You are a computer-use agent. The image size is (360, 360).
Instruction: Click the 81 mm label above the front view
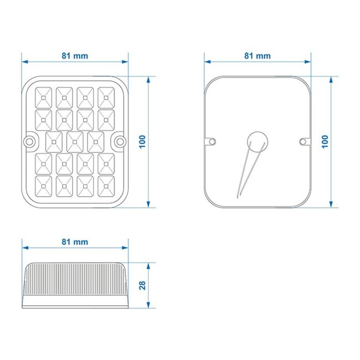click(x=75, y=56)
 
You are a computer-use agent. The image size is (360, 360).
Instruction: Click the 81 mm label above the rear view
click(x=258, y=56)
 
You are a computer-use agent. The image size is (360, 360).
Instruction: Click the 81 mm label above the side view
click(x=75, y=242)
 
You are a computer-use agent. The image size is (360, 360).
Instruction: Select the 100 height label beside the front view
click(x=142, y=141)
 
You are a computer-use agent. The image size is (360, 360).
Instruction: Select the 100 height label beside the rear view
click(x=325, y=141)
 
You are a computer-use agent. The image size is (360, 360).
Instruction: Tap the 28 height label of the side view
click(x=142, y=286)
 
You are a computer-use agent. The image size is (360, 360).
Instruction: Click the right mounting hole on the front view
click(x=119, y=142)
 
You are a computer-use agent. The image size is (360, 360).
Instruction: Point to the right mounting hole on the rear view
click(x=302, y=142)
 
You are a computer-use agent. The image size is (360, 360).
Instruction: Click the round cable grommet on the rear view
click(x=258, y=141)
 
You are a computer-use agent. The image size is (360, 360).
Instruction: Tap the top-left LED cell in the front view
click(x=43, y=97)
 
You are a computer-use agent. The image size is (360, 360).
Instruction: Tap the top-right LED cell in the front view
click(x=106, y=97)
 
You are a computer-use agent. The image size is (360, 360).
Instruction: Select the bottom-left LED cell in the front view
click(x=43, y=186)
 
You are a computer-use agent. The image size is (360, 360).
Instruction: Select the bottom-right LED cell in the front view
click(x=106, y=186)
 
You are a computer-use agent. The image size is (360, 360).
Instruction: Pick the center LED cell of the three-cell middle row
click(x=75, y=142)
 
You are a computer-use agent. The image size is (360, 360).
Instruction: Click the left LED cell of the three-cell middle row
click(x=54, y=142)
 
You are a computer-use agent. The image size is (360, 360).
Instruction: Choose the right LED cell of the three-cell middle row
click(x=96, y=142)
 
